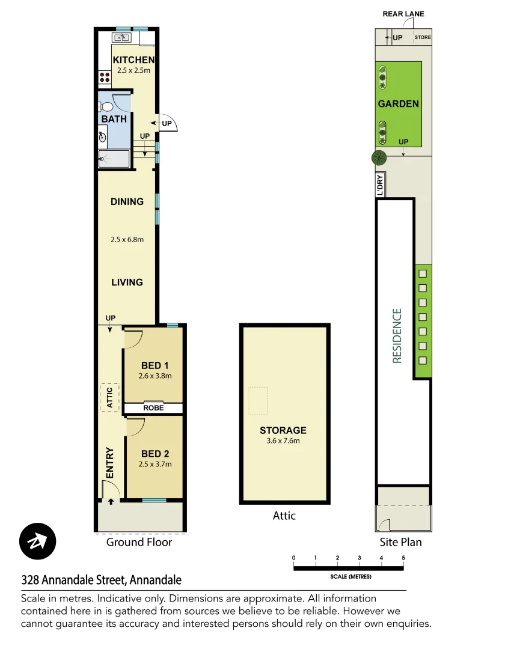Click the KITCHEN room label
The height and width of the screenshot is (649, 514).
tap(133, 59)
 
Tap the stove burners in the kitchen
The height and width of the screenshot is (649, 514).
tap(104, 77)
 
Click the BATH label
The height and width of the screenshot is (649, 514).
tap(114, 119)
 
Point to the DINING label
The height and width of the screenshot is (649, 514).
tap(127, 201)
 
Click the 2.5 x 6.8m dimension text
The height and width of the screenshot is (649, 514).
tap(127, 239)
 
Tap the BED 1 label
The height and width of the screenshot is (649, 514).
tap(155, 365)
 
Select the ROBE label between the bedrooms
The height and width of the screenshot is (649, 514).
tap(153, 408)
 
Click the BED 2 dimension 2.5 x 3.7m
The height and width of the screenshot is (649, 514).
tap(155, 464)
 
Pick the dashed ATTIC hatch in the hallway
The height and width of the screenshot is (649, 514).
tap(109, 397)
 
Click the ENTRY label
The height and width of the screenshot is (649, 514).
tap(110, 463)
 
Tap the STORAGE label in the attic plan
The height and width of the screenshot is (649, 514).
tap(283, 430)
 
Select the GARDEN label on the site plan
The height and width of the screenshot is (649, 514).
tap(398, 103)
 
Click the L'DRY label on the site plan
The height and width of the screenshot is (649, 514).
tap(380, 184)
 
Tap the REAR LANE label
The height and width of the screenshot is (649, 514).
tap(403, 14)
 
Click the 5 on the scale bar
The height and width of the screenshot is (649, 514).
tap(403, 558)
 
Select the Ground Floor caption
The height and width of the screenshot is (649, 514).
tap(139, 542)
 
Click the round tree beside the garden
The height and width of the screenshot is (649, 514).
tap(379, 157)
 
